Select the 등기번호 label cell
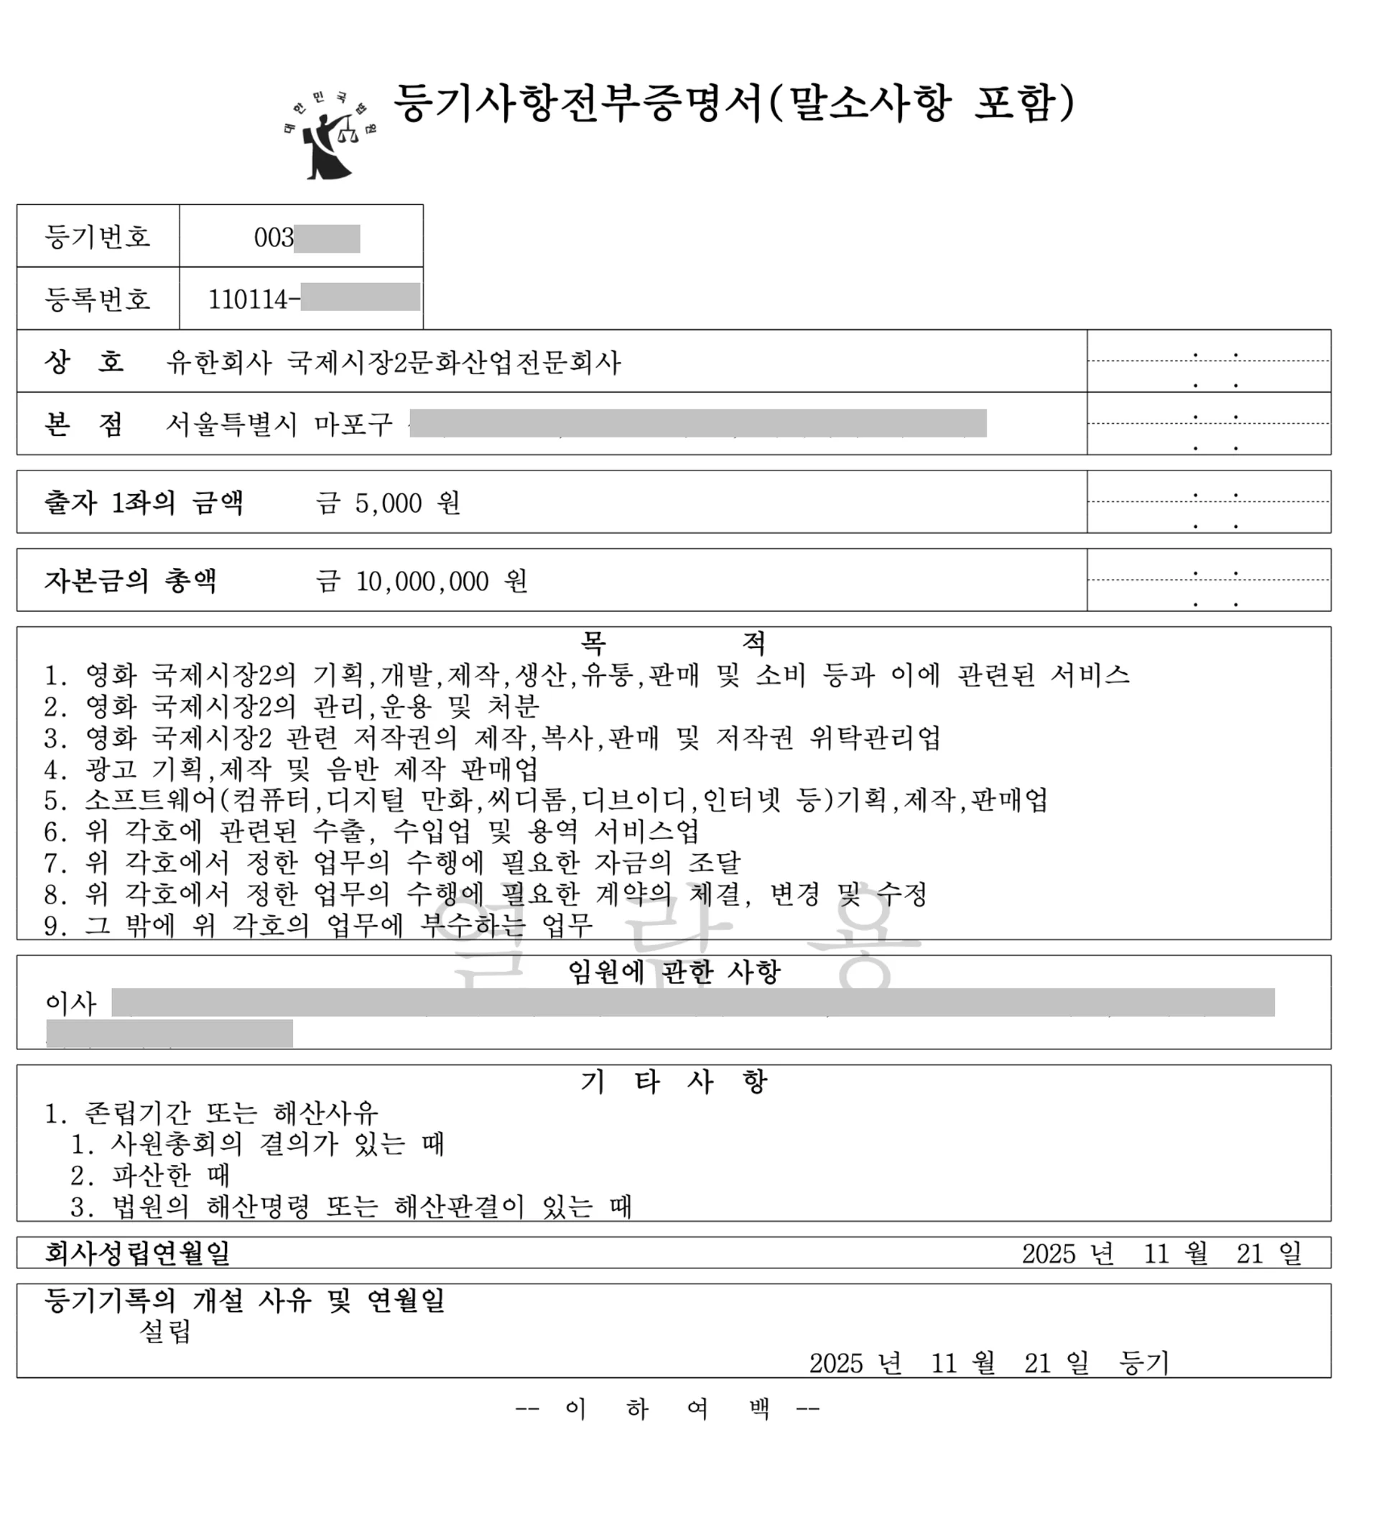point(98,237)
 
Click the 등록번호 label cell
point(98,300)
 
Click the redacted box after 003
point(327,238)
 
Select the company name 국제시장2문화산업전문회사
point(454,363)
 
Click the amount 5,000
point(388,503)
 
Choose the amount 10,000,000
point(422,581)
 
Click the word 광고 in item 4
point(111,769)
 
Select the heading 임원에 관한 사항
point(674,971)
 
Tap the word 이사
point(71,1003)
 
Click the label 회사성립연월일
point(137,1253)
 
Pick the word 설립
point(166,1331)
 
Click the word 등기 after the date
point(1144,1363)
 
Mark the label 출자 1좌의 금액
point(144,503)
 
